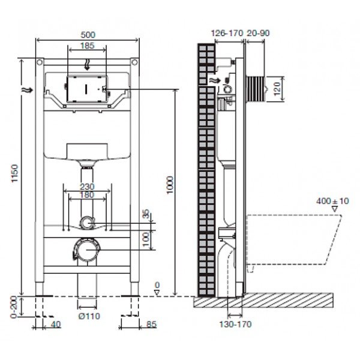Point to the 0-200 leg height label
(14, 307)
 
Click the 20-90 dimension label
(258, 34)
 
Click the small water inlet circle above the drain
(88, 223)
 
